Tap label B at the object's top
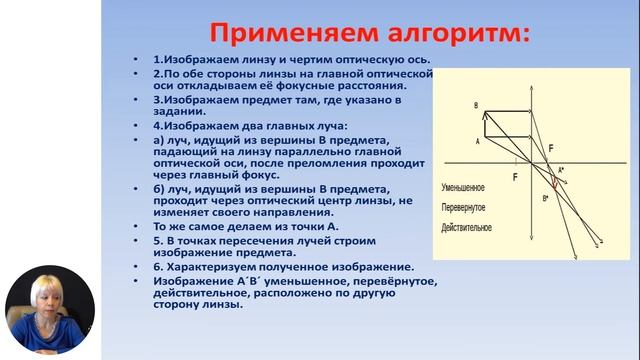tap(476, 105)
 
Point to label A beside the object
tap(477, 142)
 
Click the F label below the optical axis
tap(515, 177)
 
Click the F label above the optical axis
tap(550, 148)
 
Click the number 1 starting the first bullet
tap(156, 60)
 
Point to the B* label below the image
tap(546, 200)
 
